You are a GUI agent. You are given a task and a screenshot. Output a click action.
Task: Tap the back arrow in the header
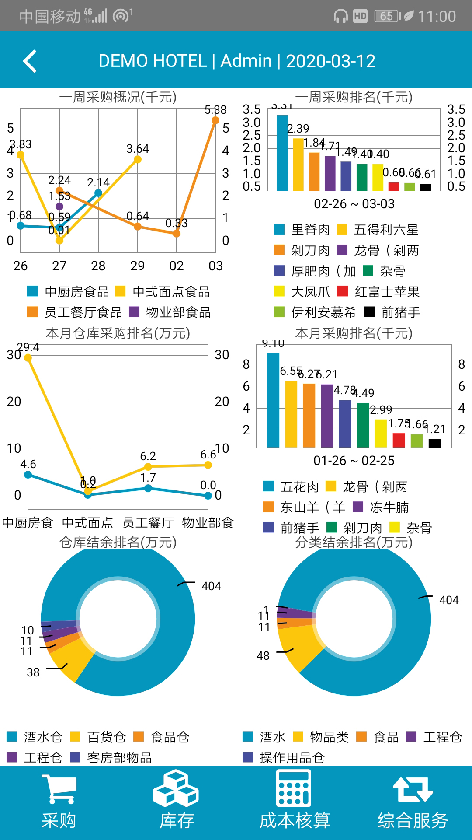[x=30, y=61]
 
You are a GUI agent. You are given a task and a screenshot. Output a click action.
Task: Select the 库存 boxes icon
[x=176, y=788]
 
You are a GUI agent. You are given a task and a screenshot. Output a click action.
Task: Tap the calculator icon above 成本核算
[x=294, y=788]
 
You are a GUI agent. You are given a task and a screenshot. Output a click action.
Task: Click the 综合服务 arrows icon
[x=413, y=789]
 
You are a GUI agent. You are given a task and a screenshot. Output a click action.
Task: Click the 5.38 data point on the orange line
[x=215, y=120]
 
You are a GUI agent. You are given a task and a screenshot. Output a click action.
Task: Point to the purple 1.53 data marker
[x=59, y=206]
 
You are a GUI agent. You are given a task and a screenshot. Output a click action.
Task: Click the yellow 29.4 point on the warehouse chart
[x=28, y=358]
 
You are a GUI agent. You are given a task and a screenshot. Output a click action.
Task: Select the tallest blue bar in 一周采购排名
[x=282, y=152]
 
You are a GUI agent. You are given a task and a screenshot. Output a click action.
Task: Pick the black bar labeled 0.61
[x=426, y=187]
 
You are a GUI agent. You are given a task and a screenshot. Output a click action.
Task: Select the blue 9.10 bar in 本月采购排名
[x=273, y=400]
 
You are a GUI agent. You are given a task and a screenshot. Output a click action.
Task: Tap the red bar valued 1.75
[x=399, y=440]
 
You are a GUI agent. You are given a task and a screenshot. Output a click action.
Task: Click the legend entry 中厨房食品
[x=68, y=292]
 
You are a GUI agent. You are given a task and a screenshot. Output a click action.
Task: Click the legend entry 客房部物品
[x=111, y=757]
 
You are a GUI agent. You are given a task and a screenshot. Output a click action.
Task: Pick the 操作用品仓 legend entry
[x=284, y=757]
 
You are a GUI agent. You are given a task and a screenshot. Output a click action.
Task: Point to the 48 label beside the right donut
[x=263, y=656]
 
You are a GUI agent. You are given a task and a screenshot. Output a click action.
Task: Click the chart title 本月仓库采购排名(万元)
[x=118, y=333]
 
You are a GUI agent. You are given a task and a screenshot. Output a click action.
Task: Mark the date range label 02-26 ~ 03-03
[x=354, y=204]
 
